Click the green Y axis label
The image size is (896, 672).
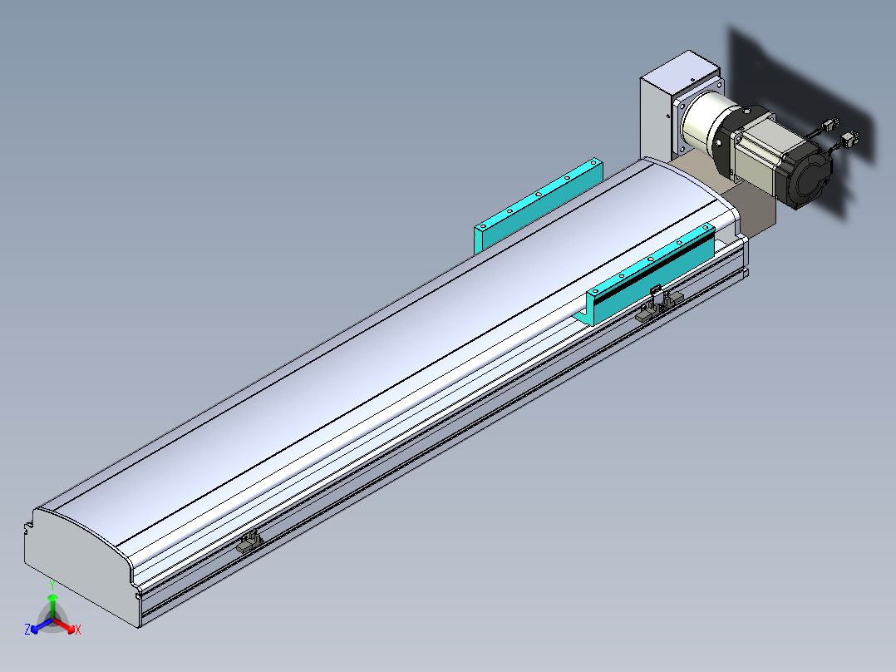[x=52, y=586]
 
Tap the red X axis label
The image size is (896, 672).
[x=78, y=630]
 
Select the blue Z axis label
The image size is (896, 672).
[x=27, y=630]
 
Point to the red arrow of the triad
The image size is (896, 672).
[x=64, y=625]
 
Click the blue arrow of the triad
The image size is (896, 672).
[x=42, y=625]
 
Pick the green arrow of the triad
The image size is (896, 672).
[x=52, y=607]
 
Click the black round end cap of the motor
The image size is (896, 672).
[x=809, y=175]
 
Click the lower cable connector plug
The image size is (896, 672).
[x=850, y=139]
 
